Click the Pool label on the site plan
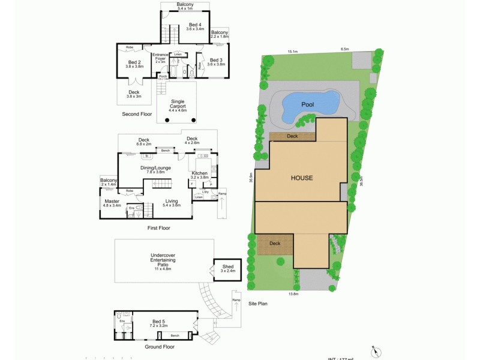(308, 105)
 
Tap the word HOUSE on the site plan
(302, 178)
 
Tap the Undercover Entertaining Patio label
(163, 259)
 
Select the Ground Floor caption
(160, 347)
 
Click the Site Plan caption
(258, 304)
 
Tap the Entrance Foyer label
(160, 58)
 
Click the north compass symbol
(376, 351)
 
